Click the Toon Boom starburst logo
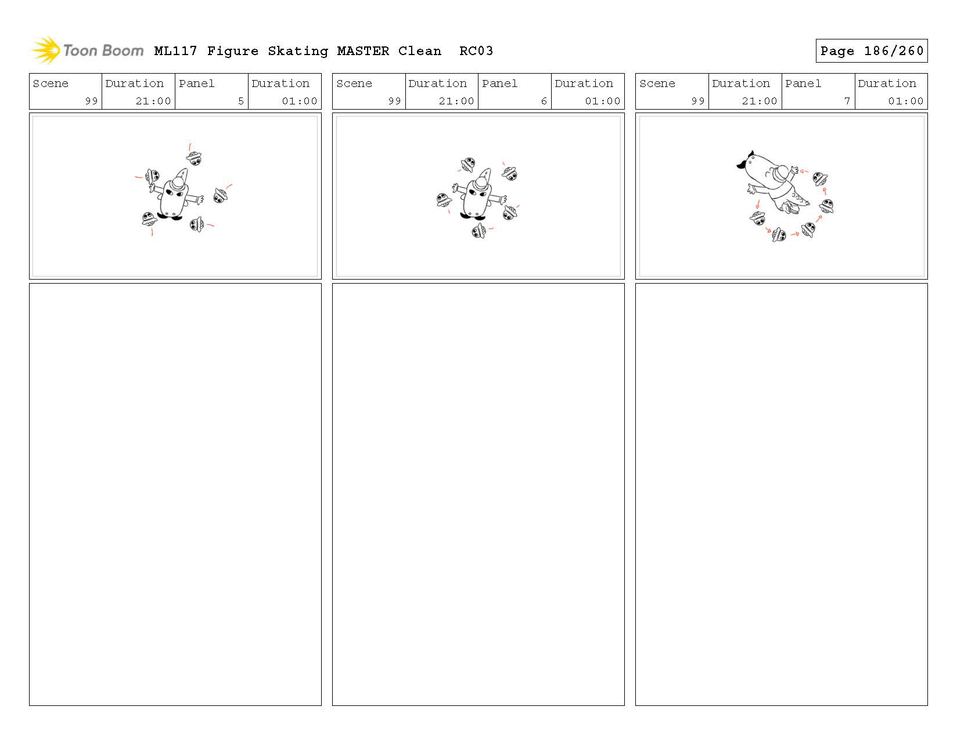pyautogui.click(x=46, y=50)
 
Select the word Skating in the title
pyautogui.click(x=298, y=52)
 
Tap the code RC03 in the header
pyautogui.click(x=476, y=51)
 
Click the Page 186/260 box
pyautogui.click(x=871, y=51)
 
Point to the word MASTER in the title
pyautogui.click(x=363, y=51)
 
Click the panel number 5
pyautogui.click(x=241, y=101)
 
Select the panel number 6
pyautogui.click(x=544, y=101)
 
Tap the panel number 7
pyautogui.click(x=847, y=101)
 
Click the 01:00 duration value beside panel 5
pyautogui.click(x=300, y=101)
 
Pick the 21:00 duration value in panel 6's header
pyautogui.click(x=456, y=101)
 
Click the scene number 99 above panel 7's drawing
pyautogui.click(x=697, y=101)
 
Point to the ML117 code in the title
pyautogui.click(x=175, y=51)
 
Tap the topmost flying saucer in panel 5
pyautogui.click(x=194, y=158)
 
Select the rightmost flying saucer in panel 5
pyautogui.click(x=220, y=195)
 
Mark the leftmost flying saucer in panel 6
pyautogui.click(x=444, y=200)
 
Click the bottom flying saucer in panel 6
pyautogui.click(x=479, y=231)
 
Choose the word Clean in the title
pyautogui.click(x=419, y=51)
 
